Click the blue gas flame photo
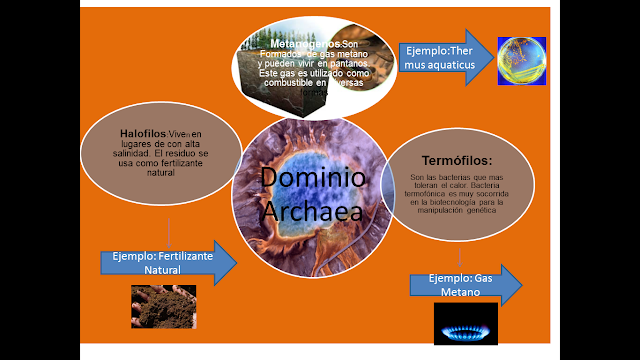[x=465, y=325]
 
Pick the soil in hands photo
[x=164, y=307]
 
